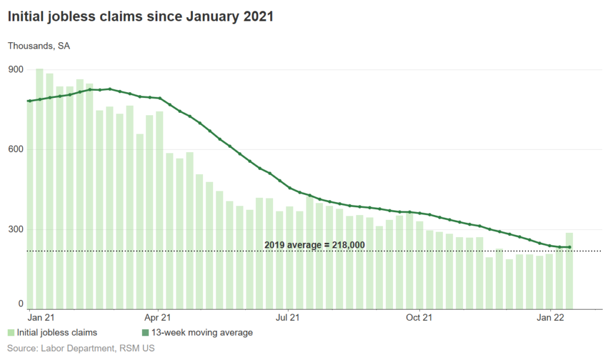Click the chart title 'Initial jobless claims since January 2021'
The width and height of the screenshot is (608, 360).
click(140, 17)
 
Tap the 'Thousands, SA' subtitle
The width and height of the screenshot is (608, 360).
click(39, 46)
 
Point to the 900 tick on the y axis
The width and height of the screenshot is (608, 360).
click(16, 70)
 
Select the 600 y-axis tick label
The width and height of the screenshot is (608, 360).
click(16, 149)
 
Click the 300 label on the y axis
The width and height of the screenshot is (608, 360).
click(16, 229)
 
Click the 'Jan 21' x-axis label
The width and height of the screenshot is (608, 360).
click(42, 318)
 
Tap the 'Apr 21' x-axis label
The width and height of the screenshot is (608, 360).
click(159, 318)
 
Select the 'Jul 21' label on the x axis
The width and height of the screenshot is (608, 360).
click(287, 318)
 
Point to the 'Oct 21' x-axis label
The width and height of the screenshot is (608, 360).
click(419, 318)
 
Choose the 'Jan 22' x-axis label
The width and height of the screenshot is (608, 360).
click(550, 318)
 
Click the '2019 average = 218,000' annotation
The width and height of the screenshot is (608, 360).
click(314, 245)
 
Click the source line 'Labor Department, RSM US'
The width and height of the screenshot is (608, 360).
click(81, 348)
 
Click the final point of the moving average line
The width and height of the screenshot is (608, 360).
click(569, 247)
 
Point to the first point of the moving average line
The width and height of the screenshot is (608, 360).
click(29, 101)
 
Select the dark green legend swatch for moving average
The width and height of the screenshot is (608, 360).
click(145, 333)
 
